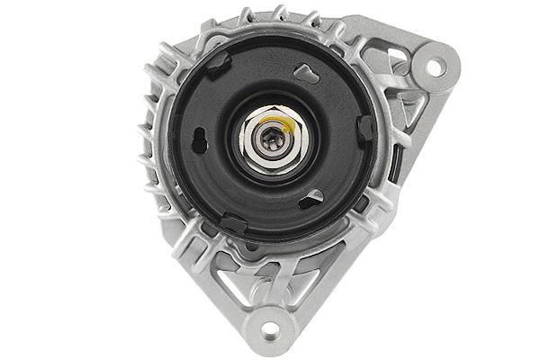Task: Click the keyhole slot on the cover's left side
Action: (x=199, y=140)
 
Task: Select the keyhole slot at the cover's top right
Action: (x=307, y=73)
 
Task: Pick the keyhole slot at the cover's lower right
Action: (x=310, y=198)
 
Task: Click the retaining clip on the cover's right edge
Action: (x=364, y=128)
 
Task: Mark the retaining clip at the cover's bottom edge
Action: (x=233, y=221)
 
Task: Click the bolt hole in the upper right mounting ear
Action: (x=434, y=67)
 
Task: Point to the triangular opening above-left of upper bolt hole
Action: (x=396, y=58)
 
